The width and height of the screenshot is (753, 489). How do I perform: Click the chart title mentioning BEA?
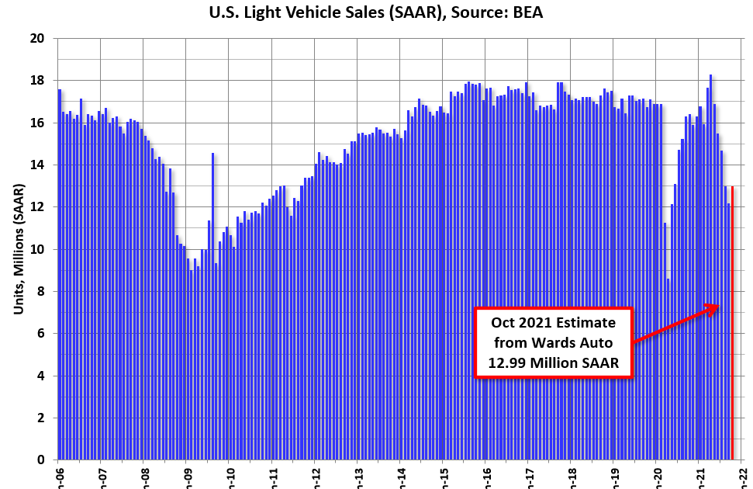376,12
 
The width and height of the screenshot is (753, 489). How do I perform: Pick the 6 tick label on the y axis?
41,334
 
